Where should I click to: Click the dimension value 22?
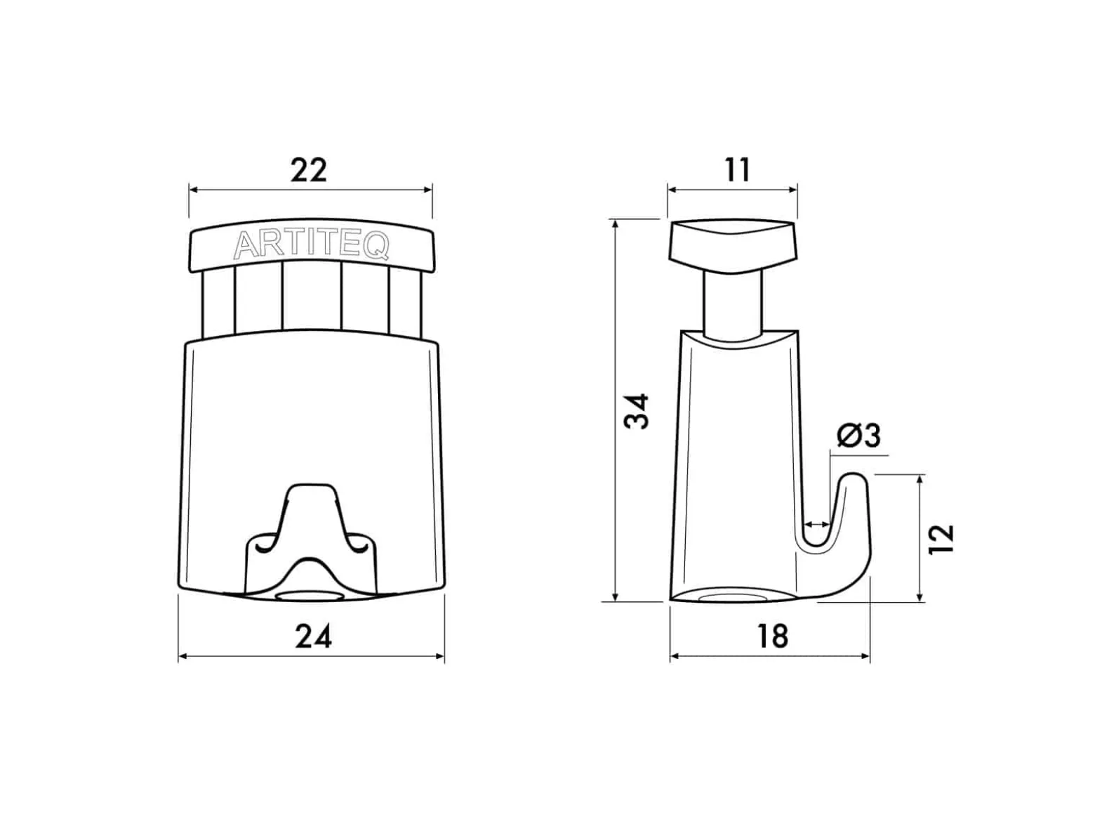pyautogui.click(x=308, y=170)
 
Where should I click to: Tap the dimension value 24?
pyautogui.click(x=313, y=637)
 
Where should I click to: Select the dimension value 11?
pyautogui.click(x=737, y=170)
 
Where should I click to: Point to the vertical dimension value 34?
pyautogui.click(x=637, y=411)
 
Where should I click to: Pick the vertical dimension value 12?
pyautogui.click(x=941, y=539)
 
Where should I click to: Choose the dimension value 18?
pyautogui.click(x=773, y=637)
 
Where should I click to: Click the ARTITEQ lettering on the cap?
pyautogui.click(x=311, y=246)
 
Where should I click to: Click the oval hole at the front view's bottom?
pyautogui.click(x=310, y=596)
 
